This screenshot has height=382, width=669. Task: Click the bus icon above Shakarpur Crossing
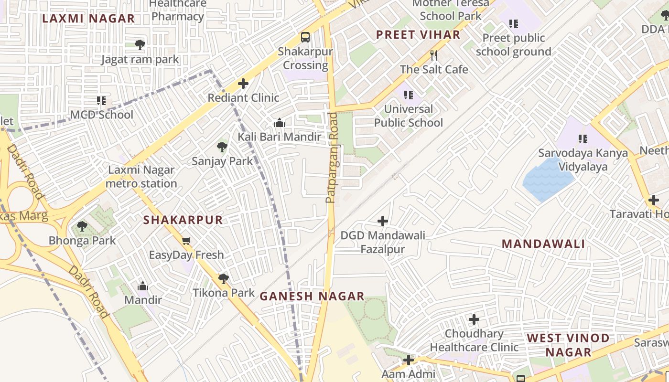point(305,37)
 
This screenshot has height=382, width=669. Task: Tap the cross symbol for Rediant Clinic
point(243,84)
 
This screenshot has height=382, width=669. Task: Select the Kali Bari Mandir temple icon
point(280,123)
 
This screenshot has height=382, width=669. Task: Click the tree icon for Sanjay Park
point(222,147)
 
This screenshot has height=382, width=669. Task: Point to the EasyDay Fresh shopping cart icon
point(186,241)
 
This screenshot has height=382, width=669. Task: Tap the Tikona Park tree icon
point(223,278)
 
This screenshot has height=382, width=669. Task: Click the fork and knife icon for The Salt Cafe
point(434,55)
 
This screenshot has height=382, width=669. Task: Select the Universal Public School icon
point(408,95)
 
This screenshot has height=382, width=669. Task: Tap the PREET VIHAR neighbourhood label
point(418,35)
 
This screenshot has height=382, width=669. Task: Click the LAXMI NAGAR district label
point(88,19)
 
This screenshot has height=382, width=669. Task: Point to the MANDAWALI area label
point(543,244)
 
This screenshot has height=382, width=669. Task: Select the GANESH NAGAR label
point(312,297)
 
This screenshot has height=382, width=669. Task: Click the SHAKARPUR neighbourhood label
point(183,220)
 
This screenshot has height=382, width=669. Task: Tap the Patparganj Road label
point(332,158)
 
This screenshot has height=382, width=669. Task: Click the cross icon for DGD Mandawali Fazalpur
point(383,221)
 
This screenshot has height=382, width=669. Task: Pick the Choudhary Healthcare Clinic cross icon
point(474,319)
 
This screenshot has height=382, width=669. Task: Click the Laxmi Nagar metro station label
point(141,177)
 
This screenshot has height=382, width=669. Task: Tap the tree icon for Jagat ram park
point(140,45)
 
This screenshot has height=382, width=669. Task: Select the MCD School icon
point(101,101)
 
